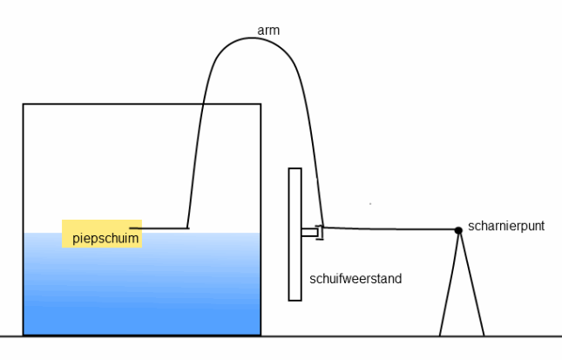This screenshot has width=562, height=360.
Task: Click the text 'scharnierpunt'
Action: (505, 225)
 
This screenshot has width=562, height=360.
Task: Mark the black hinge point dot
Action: (458, 230)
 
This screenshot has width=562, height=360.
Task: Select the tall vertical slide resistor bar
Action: (295, 262)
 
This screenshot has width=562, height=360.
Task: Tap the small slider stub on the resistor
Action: (308, 232)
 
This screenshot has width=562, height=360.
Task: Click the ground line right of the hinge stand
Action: (523, 336)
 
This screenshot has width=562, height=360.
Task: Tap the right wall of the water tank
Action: (261, 174)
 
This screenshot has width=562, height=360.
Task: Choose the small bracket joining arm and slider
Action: (319, 232)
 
